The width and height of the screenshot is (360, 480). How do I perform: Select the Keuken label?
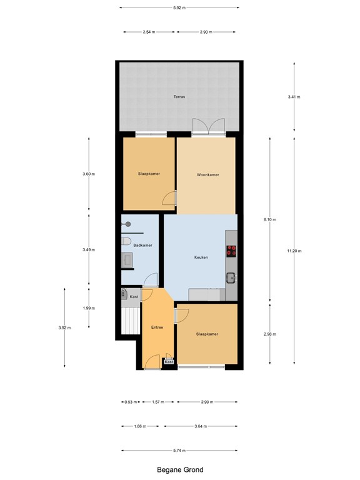click(201, 257)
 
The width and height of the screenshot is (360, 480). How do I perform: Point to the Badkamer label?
click(143, 245)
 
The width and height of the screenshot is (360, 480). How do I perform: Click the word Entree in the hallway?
click(157, 327)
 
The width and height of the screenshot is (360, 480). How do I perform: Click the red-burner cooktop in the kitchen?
click(231, 251)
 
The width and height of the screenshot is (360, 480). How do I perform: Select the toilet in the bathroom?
click(126, 242)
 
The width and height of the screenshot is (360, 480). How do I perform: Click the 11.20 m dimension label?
click(294, 251)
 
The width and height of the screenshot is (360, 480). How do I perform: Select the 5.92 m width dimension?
click(179, 7)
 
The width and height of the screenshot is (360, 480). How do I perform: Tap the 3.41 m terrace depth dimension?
click(294, 97)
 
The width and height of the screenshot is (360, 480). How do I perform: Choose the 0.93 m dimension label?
click(129, 402)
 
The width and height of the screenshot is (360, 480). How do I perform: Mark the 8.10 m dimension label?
click(270, 219)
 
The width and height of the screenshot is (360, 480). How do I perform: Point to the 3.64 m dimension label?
click(201, 426)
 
